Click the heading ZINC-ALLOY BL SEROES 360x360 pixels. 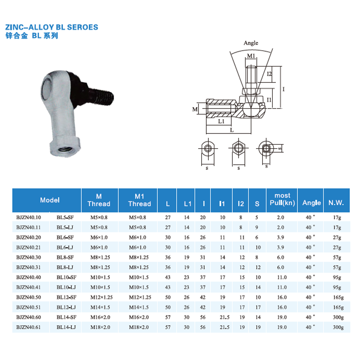52,27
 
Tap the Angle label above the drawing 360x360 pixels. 251,43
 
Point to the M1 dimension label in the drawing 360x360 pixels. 251,56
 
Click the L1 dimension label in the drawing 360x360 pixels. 221,121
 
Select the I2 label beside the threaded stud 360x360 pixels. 269,74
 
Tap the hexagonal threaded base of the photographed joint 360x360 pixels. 65,147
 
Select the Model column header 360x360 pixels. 50,200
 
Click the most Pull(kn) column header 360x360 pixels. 282,199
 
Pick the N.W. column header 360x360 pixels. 336,203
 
